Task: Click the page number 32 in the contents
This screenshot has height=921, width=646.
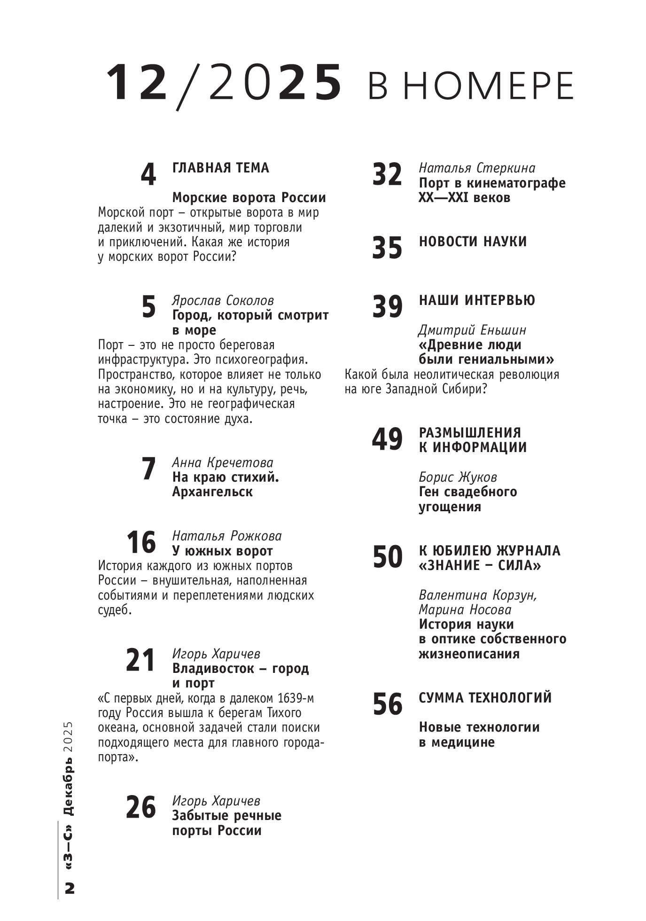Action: pos(387,174)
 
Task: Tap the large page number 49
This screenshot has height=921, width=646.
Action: pos(387,439)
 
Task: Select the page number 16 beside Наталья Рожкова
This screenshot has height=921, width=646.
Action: pos(141,543)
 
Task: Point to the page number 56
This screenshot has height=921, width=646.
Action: pos(387,704)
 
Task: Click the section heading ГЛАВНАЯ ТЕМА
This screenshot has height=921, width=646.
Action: pos(221,168)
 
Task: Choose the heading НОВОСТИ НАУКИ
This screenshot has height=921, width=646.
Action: pos(473,242)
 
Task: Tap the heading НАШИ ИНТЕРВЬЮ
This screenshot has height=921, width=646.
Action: pos(476,300)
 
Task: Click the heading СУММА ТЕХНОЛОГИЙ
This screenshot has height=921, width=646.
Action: pos(485,698)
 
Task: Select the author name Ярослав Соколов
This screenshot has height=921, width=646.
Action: pos(223,300)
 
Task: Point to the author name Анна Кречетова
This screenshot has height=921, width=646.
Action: pos(223,462)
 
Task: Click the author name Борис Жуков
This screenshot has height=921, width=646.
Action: pos(458,477)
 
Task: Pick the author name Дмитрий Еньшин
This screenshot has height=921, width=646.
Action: pos(472,330)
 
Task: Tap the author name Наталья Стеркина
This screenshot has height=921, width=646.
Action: pos(477,168)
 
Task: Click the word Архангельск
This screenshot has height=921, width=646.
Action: pos(212,492)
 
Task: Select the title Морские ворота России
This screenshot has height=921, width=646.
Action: pos(249,197)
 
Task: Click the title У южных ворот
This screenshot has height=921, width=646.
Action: pos(222,551)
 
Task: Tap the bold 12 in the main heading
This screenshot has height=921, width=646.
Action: pos(137,83)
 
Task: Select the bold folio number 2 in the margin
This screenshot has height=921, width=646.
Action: pos(70,889)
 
